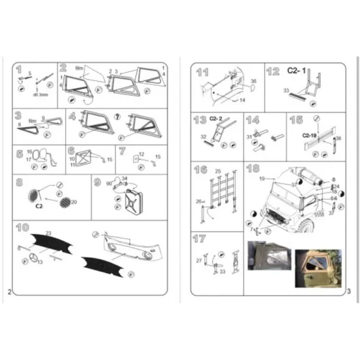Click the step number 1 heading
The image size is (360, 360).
[19, 69]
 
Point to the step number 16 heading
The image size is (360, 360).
[201, 170]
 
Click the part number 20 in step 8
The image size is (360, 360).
[73, 202]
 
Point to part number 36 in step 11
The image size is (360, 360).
[253, 81]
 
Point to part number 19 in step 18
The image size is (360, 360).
[261, 178]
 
